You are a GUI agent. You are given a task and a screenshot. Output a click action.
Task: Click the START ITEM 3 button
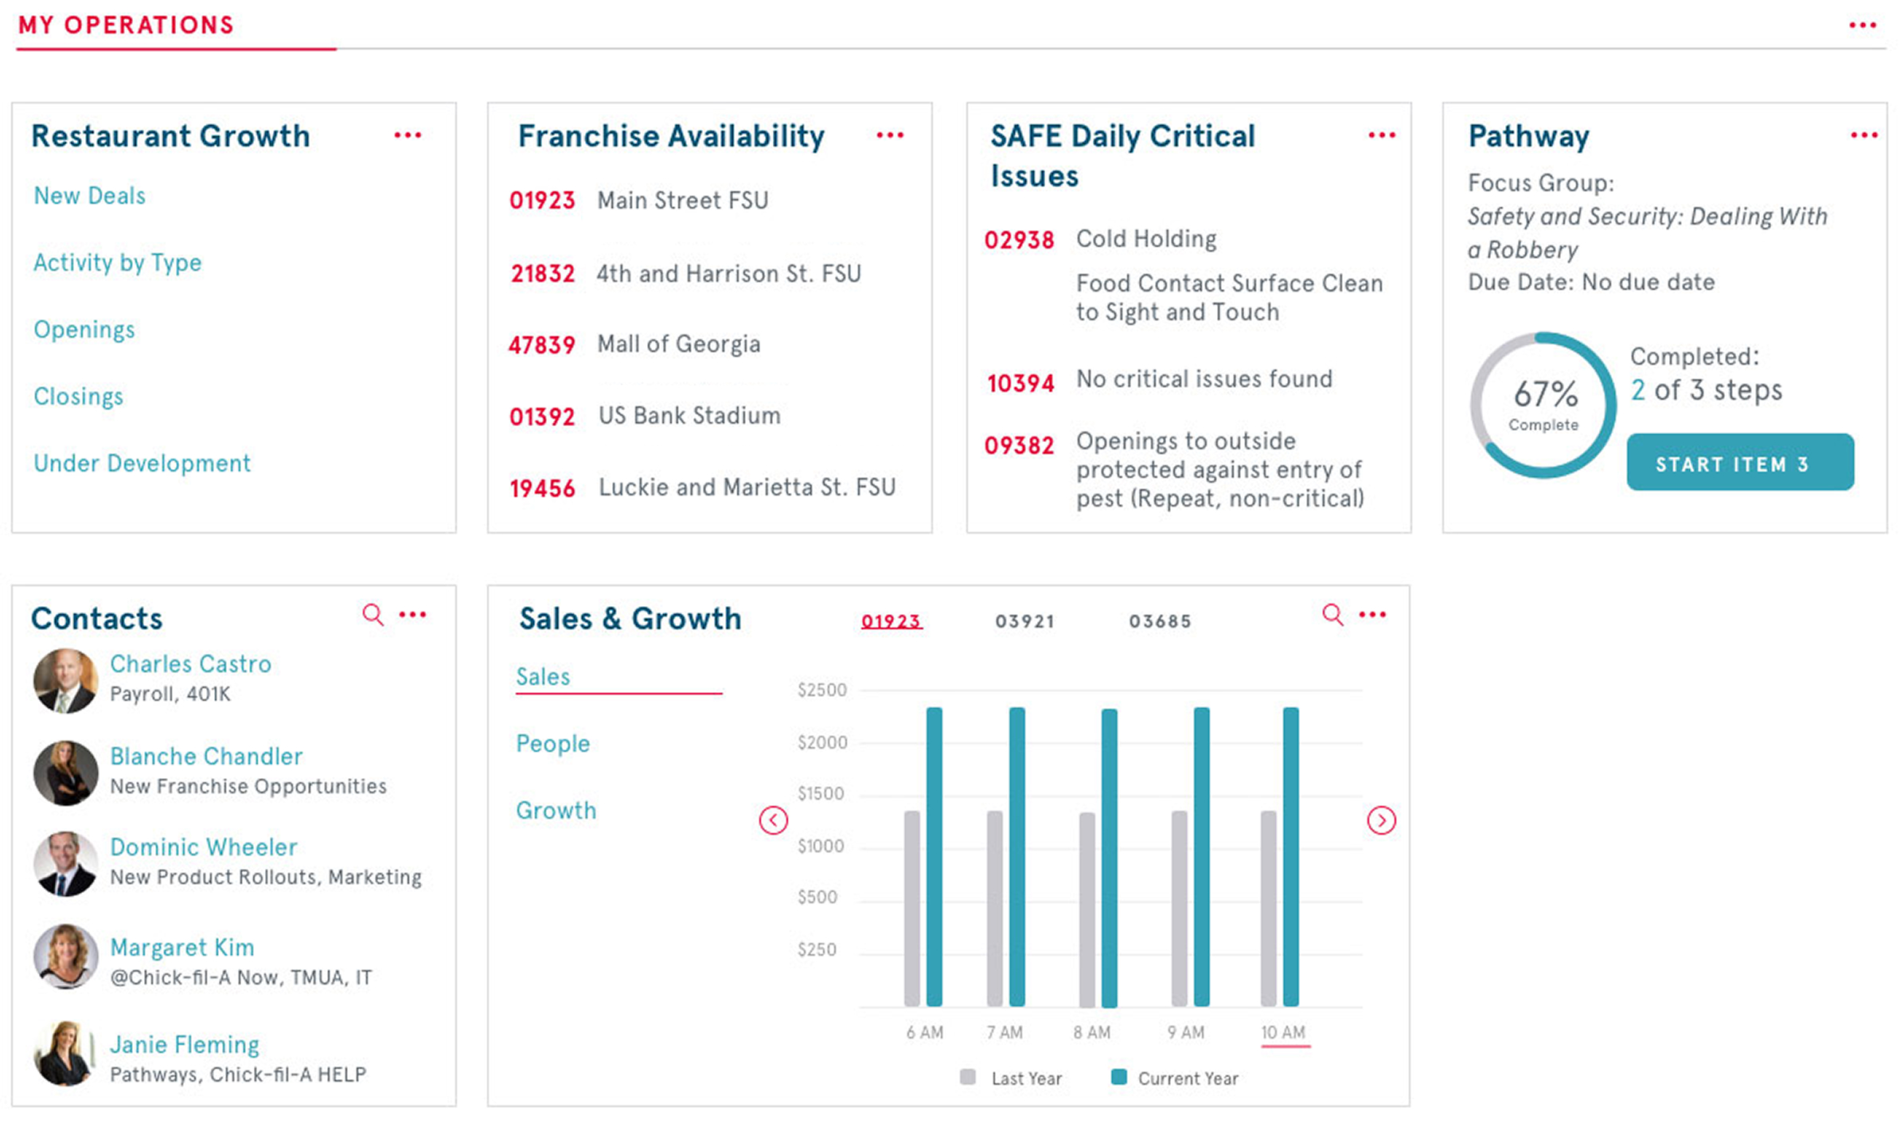pyautogui.click(x=1739, y=463)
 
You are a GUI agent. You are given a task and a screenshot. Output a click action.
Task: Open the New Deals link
pyautogui.click(x=89, y=196)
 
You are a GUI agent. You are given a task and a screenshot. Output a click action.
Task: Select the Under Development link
pyautogui.click(x=142, y=464)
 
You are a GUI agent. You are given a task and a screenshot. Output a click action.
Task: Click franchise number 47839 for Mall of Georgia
pyautogui.click(x=541, y=345)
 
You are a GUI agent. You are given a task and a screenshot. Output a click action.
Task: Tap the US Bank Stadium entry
pyautogui.click(x=689, y=416)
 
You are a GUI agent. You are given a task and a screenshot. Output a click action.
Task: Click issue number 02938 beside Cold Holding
pyautogui.click(x=1019, y=240)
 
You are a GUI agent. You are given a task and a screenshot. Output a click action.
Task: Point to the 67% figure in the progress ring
pyautogui.click(x=1545, y=394)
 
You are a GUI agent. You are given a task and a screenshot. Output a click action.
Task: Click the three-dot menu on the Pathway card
pyautogui.click(x=1863, y=135)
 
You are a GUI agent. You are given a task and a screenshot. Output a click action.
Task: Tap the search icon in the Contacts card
pyautogui.click(x=373, y=615)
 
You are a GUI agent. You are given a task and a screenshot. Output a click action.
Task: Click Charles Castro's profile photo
pyautogui.click(x=65, y=681)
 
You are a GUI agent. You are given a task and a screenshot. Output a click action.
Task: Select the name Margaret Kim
pyautogui.click(x=181, y=948)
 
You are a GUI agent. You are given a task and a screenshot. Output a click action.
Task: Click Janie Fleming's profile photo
pyautogui.click(x=65, y=1054)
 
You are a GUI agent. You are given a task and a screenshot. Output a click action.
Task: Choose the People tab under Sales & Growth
pyautogui.click(x=552, y=744)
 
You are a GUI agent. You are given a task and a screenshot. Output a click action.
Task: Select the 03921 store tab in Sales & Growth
pyautogui.click(x=1024, y=621)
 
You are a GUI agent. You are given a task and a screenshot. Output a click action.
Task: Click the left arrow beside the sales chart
pyautogui.click(x=773, y=820)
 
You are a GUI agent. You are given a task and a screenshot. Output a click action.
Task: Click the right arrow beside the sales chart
pyautogui.click(x=1381, y=820)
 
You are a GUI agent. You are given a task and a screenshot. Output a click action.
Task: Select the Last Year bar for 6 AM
pyautogui.click(x=912, y=908)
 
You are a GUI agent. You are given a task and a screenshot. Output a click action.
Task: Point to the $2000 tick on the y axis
pyautogui.click(x=822, y=742)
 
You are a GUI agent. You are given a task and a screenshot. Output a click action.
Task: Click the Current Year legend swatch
pyautogui.click(x=1118, y=1078)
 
